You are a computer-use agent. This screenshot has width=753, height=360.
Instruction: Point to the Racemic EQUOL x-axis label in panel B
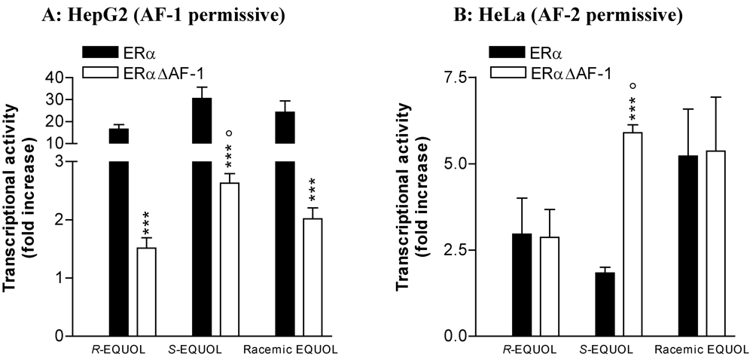pos(700,349)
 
